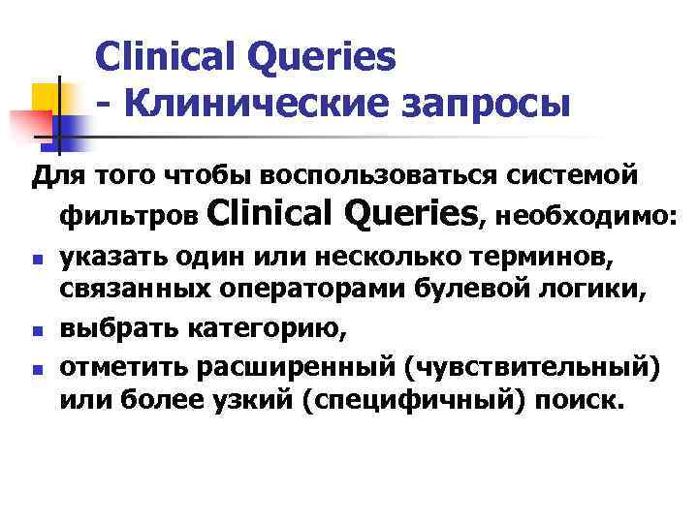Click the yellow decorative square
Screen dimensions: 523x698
(x=48, y=96)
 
